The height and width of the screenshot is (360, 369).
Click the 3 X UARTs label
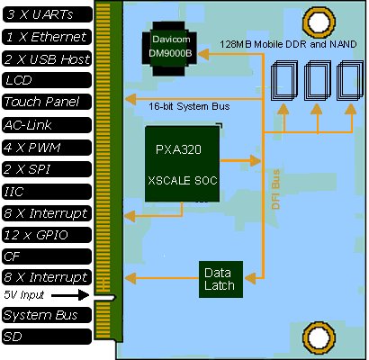tap(48, 14)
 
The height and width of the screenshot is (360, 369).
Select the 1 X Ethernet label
tap(47, 37)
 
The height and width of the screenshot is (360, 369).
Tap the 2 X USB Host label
tap(47, 58)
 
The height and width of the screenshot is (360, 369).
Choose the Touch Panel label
tap(47, 102)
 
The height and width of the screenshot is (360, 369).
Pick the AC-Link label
tap(47, 125)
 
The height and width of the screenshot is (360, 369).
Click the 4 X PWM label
tap(47, 148)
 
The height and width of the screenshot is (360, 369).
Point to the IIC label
tap(47, 192)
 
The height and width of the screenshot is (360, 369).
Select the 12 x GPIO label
tap(47, 235)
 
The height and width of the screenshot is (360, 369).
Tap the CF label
tap(47, 256)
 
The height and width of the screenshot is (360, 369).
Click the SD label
tap(47, 337)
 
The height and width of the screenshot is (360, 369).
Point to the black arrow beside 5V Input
tap(70, 295)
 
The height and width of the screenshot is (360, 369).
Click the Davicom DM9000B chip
tap(170, 49)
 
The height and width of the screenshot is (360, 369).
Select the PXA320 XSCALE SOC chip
tap(183, 164)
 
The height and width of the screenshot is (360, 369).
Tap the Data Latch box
tap(220, 279)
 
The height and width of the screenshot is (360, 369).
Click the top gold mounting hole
tap(319, 22)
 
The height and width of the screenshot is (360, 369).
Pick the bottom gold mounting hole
tap(319, 337)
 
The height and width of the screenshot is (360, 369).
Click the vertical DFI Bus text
tap(275, 189)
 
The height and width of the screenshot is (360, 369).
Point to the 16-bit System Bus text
tap(189, 106)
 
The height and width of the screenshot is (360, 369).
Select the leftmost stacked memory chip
tap(284, 80)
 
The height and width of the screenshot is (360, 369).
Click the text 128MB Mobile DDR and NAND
tap(288, 44)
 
